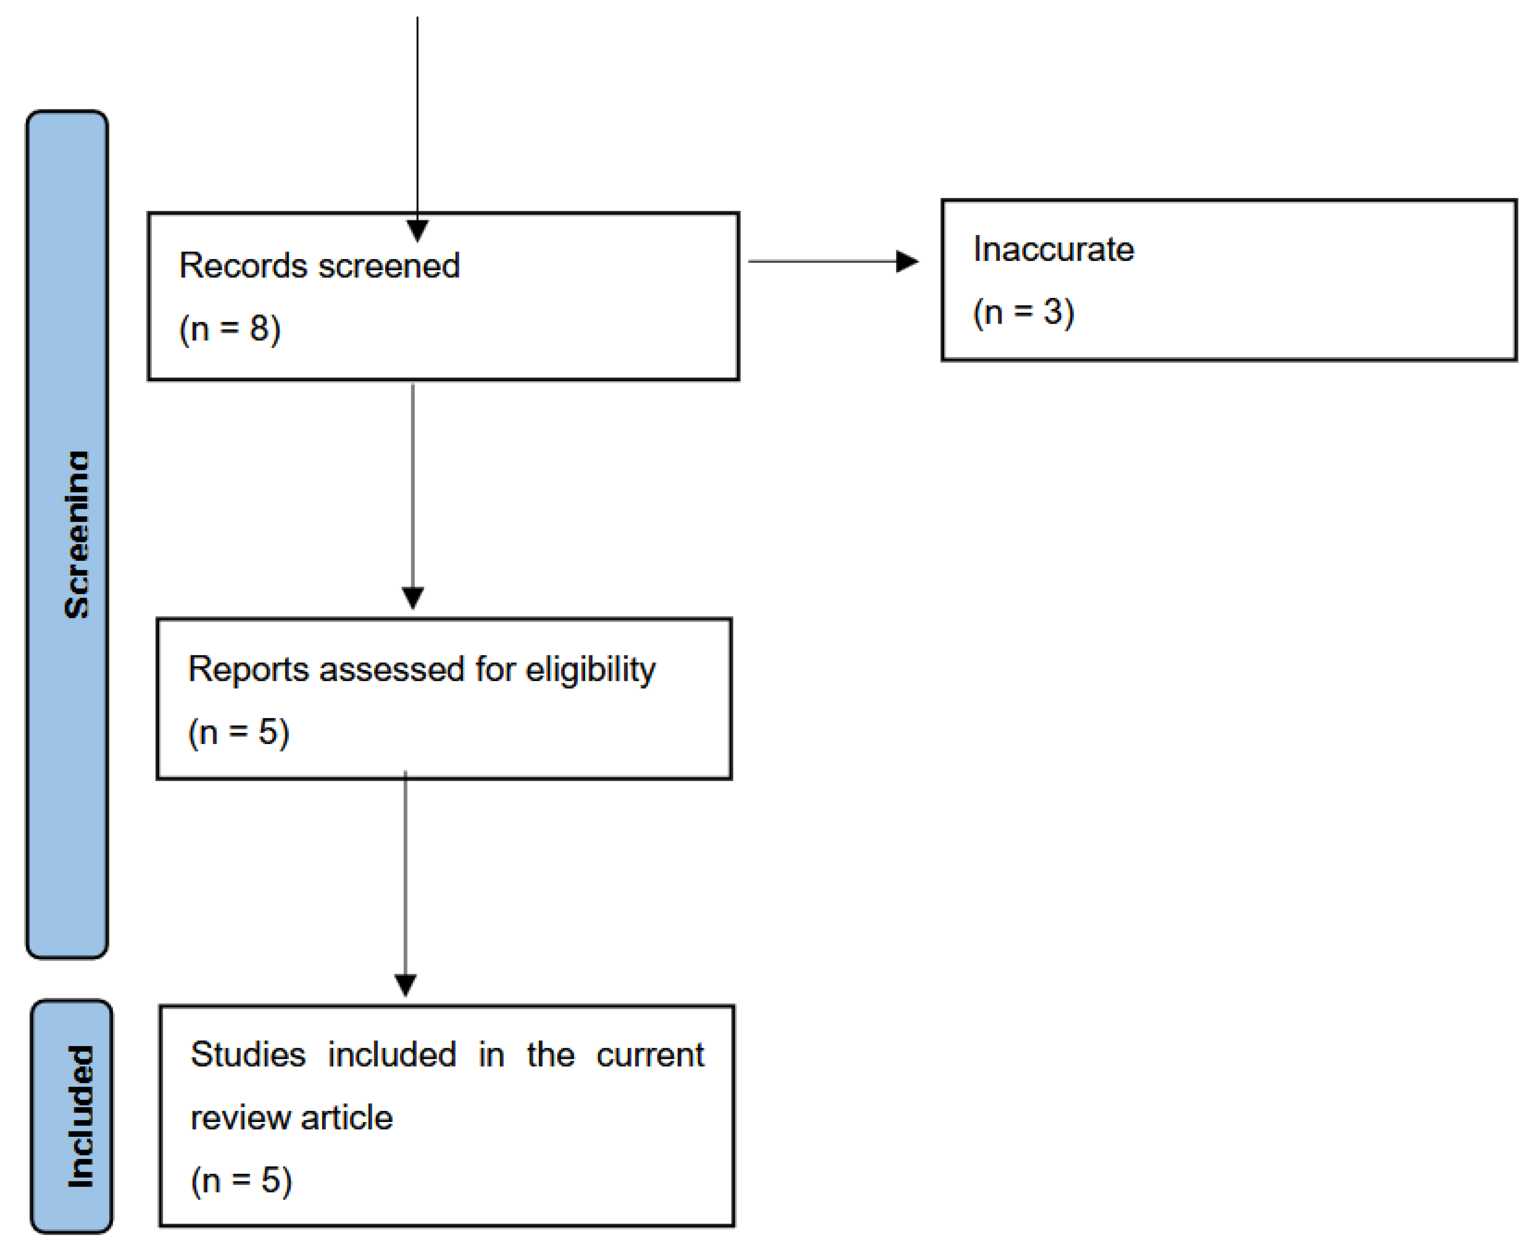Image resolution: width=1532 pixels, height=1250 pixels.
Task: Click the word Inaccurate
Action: click(x=1053, y=249)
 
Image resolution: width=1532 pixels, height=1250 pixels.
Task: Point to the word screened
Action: click(x=389, y=265)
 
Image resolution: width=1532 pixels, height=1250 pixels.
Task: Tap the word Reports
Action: click(x=248, y=669)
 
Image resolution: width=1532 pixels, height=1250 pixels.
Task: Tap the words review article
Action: click(x=291, y=1117)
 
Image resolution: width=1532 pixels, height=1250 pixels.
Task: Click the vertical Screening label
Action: click(x=76, y=534)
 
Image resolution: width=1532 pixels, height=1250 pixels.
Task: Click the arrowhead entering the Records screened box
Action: click(x=417, y=231)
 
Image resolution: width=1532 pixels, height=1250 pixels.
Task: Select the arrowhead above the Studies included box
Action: click(x=405, y=984)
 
